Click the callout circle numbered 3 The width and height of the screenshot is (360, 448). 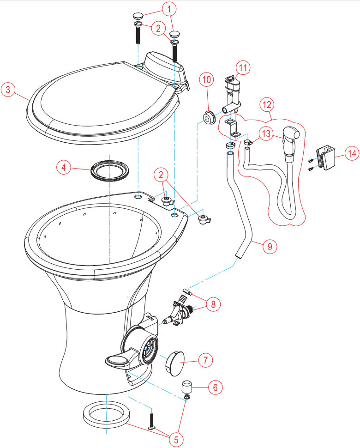tap(8, 90)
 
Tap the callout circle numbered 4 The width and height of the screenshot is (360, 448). tap(63, 167)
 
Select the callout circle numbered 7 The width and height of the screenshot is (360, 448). tap(205, 360)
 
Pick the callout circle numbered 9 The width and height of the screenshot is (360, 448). tap(270, 246)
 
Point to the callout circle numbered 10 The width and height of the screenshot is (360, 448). tap(207, 79)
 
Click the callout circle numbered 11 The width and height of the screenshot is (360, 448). tap(243, 68)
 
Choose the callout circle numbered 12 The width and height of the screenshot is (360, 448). tap(267, 104)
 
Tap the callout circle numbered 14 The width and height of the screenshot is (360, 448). tap(352, 153)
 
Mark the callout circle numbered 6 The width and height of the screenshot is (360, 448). tap(215, 387)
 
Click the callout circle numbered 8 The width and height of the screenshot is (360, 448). tap(213, 304)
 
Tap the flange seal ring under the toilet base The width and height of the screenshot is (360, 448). tap(106, 414)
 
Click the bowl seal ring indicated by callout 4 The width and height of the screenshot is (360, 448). tap(110, 170)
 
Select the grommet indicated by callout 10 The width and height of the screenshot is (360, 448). tap(210, 118)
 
